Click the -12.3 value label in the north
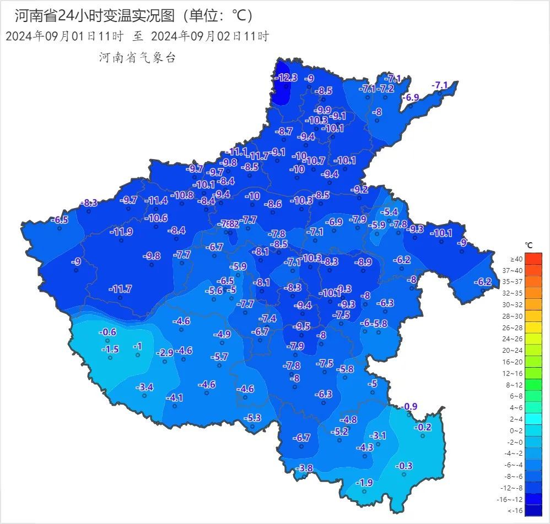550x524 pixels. click(x=287, y=78)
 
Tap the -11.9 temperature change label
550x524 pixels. click(x=121, y=231)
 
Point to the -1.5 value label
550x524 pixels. click(x=110, y=350)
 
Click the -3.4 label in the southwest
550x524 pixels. click(x=144, y=387)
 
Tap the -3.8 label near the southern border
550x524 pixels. click(x=304, y=468)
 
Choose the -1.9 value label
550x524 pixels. click(x=364, y=483)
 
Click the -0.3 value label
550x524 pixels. click(x=404, y=466)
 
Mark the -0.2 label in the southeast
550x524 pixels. click(x=423, y=427)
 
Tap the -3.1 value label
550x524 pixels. click(x=378, y=435)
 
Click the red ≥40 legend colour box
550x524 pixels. click(x=533, y=259)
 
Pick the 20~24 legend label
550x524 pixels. click(x=516, y=350)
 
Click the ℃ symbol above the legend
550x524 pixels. click(x=529, y=245)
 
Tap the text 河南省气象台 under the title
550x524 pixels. click(x=137, y=57)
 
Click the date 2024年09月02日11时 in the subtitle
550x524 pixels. click(x=209, y=37)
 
